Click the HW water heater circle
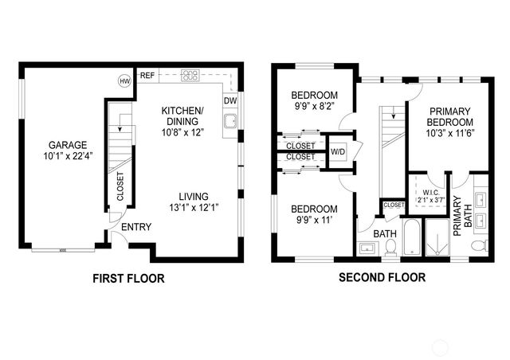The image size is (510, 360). pos(124,80)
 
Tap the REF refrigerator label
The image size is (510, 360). pos(147,76)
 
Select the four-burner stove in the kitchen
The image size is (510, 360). pos(190,76)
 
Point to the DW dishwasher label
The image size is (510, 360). pos(229,101)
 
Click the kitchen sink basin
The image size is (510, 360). pos(229,122)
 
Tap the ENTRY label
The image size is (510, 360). pos(136,227)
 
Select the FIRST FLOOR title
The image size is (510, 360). pos(128,279)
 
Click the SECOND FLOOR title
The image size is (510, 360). pos(382,279)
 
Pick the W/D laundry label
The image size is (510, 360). pos(338,151)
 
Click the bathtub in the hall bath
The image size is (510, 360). pos(412,240)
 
